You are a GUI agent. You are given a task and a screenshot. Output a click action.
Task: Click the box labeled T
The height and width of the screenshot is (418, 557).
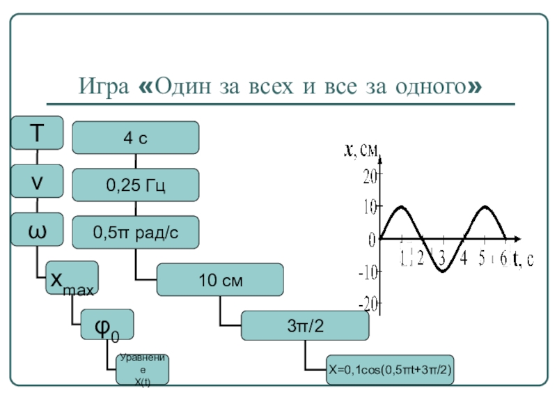[37, 133]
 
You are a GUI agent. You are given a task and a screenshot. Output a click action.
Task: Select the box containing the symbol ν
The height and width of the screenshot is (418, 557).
[37, 181]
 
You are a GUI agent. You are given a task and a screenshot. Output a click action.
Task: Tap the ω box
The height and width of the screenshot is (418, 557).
[37, 230]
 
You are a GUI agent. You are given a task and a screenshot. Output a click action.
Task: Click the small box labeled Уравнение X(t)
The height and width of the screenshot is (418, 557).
[143, 370]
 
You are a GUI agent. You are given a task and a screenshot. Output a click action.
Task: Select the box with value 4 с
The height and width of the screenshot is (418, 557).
[136, 138]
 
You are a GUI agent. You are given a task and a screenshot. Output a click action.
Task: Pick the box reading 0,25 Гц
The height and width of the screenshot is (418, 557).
[136, 186]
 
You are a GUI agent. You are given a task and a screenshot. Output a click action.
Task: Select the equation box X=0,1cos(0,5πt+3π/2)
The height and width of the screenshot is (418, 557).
[390, 371]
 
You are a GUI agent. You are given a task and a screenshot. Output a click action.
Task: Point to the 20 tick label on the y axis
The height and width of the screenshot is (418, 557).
[368, 176]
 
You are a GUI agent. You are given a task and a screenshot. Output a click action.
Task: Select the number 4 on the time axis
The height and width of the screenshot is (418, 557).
[464, 258]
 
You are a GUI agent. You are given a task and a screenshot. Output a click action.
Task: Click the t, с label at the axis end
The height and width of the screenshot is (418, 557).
[524, 259]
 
